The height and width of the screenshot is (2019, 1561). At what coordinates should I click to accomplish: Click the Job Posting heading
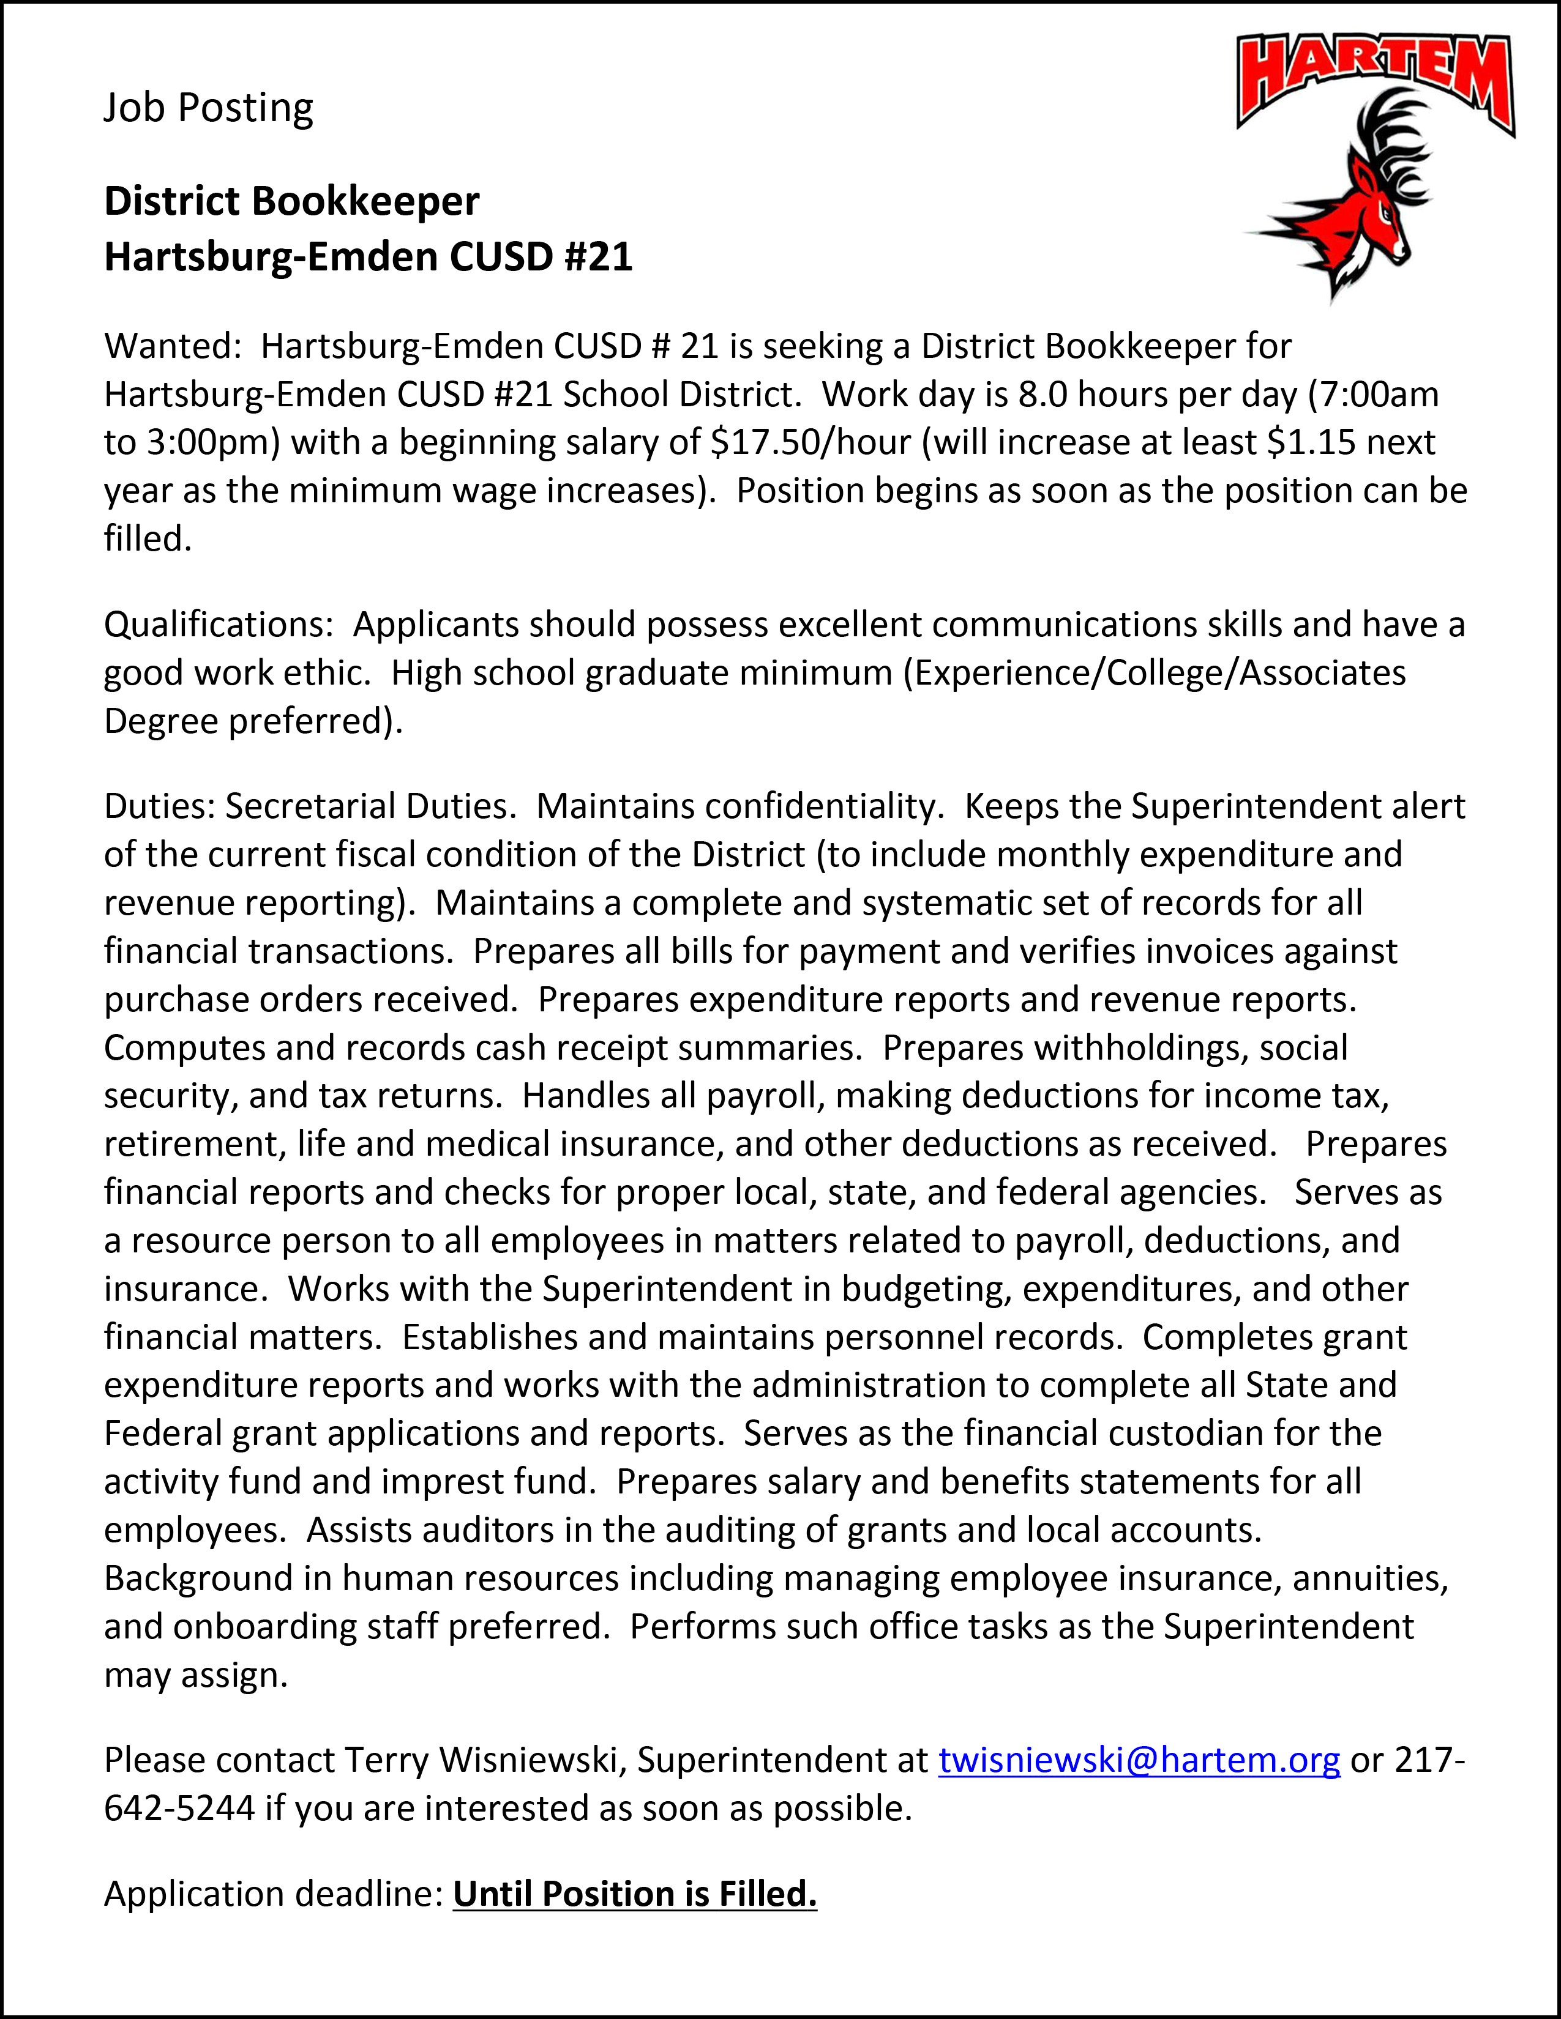point(208,108)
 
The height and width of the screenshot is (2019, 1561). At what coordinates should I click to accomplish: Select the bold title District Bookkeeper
point(291,201)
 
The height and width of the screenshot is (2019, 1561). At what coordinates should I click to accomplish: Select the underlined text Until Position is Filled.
point(634,1894)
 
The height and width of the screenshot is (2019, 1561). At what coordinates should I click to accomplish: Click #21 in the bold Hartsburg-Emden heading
point(598,257)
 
